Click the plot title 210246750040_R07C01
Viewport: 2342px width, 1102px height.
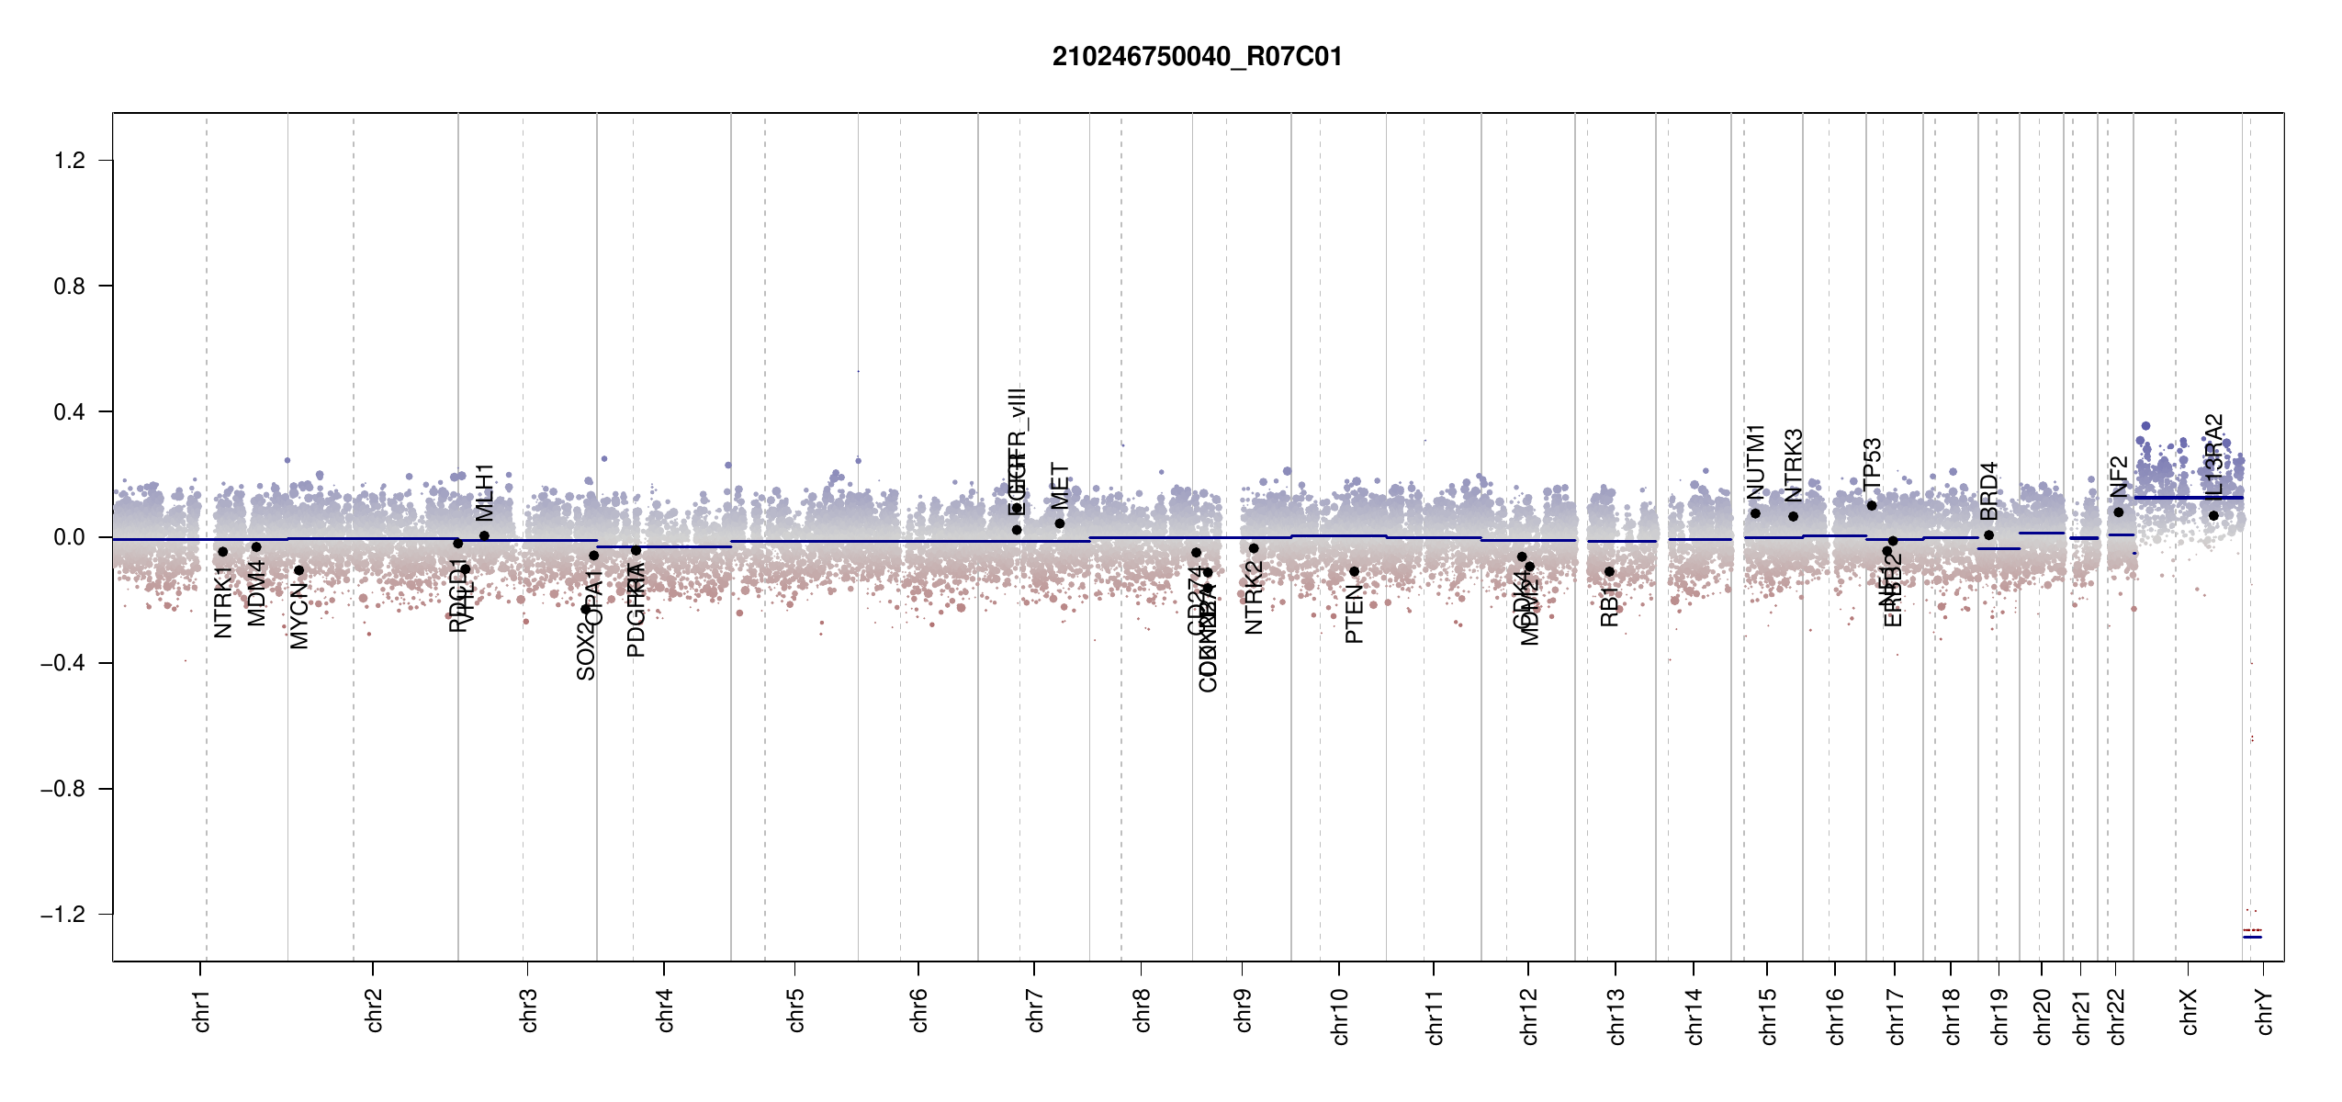click(x=1197, y=57)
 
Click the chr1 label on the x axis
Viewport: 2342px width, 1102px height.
click(x=202, y=1010)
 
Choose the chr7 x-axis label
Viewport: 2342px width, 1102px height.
click(x=1035, y=1010)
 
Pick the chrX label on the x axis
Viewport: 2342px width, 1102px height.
click(x=2189, y=1011)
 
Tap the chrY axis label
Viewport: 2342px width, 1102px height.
click(x=2265, y=1011)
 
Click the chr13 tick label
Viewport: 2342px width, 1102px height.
click(x=1616, y=1016)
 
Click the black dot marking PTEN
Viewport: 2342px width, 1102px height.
click(x=1354, y=572)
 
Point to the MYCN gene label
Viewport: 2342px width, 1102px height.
click(x=299, y=616)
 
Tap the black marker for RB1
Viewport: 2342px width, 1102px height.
click(x=1609, y=572)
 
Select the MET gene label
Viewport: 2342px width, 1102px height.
click(x=1060, y=486)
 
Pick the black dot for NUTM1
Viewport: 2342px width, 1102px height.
click(x=1755, y=513)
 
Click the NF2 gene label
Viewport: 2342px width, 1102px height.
click(x=2119, y=477)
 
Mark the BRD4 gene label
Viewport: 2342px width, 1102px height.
click(x=1988, y=490)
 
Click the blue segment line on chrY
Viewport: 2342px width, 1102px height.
click(x=2252, y=937)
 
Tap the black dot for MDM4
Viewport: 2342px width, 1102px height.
click(x=257, y=547)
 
